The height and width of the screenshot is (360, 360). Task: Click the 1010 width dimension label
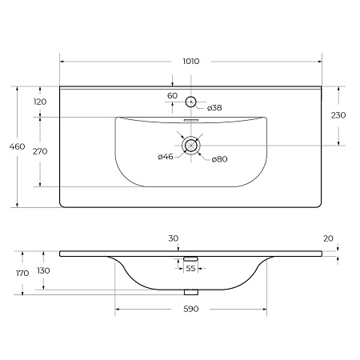(191, 62)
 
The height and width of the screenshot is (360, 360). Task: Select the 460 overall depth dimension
(17, 146)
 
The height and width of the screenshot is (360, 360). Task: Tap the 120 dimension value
(40, 102)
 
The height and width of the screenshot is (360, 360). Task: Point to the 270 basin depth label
(40, 151)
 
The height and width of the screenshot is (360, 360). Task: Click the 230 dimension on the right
(338, 115)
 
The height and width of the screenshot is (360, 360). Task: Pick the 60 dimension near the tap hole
(172, 95)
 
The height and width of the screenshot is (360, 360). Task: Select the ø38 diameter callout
(214, 108)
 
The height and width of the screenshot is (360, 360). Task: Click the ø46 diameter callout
(166, 157)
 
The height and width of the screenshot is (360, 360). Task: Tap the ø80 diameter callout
(219, 159)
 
